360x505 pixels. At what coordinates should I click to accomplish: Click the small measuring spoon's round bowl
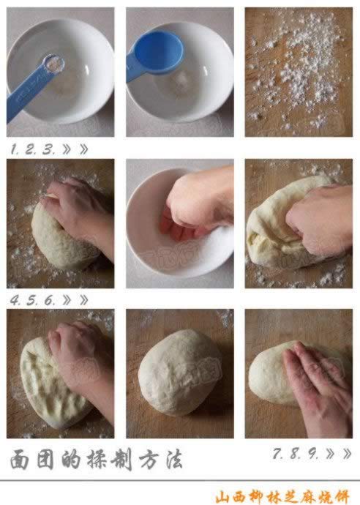point(54,63)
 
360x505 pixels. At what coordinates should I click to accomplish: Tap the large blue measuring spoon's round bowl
point(159,51)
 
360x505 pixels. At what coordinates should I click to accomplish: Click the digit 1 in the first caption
point(13,149)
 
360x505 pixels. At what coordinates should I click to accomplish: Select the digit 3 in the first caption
point(49,149)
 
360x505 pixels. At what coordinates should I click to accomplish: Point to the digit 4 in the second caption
point(15,300)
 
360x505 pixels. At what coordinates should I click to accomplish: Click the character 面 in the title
point(20,460)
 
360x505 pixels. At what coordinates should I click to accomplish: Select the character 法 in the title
point(174,459)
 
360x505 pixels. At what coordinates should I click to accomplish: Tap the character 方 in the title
point(150,459)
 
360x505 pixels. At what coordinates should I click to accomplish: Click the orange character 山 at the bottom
point(224,497)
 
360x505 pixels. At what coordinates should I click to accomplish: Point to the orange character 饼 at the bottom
point(341,497)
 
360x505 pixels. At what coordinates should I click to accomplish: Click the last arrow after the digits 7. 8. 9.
point(347,454)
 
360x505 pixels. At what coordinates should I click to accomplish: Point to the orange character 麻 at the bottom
point(309,497)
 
